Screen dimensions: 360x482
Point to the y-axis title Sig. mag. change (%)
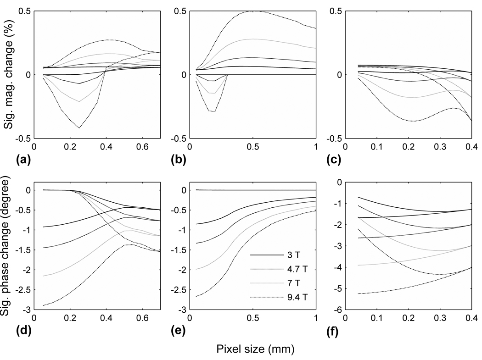click(8, 75)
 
